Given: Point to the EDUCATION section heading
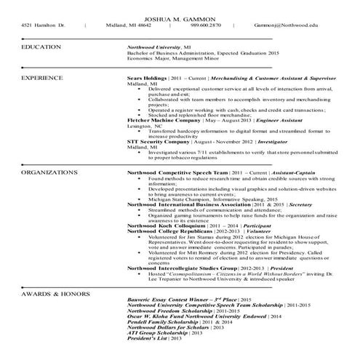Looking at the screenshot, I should (x=41, y=46).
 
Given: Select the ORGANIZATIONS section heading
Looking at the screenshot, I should (x=49, y=172).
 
